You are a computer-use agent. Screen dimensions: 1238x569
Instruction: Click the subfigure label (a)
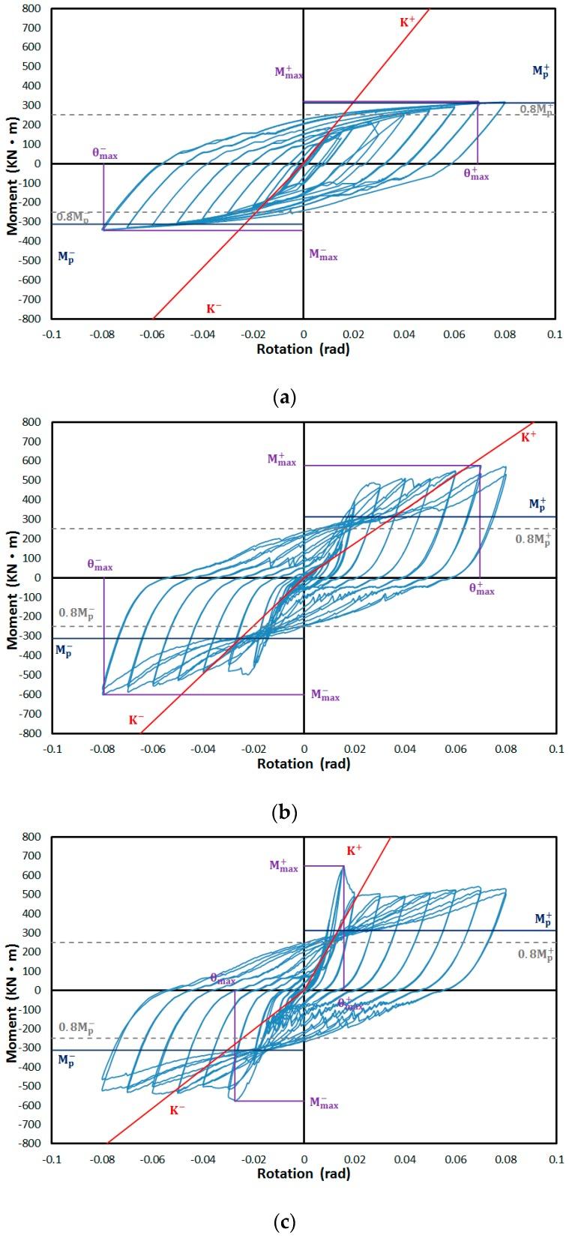pos(284,397)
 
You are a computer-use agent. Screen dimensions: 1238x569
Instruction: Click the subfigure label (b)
pos(284,811)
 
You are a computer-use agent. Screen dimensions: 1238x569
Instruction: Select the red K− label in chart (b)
pos(136,719)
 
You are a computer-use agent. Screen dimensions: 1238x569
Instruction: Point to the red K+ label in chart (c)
pos(354,850)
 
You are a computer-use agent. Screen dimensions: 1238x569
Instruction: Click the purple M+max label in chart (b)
pos(282,460)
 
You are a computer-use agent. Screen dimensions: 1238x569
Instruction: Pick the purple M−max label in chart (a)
pos(323,255)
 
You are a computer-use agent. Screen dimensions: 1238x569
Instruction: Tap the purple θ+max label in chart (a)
pos(476,173)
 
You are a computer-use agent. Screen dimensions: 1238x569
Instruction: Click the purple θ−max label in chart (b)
pos(100,565)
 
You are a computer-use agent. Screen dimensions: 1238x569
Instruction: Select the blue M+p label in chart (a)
pos(541,70)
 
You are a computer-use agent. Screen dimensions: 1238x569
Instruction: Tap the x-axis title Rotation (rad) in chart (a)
pos(303,349)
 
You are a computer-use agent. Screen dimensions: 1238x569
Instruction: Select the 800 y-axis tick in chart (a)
pos(31,9)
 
